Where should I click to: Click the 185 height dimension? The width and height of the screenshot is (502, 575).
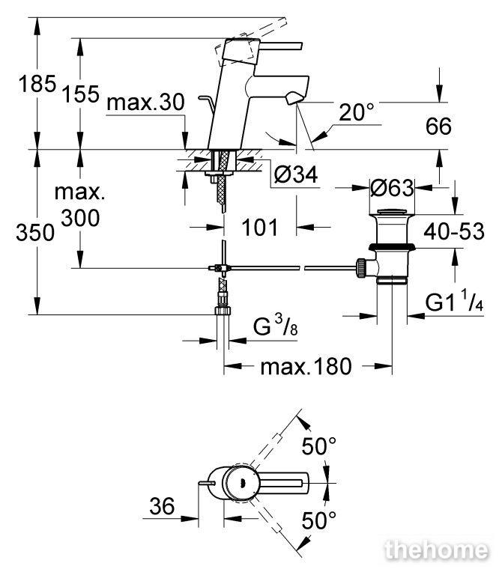pyautogui.click(x=37, y=84)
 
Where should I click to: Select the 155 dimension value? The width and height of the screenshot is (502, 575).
pyautogui.click(x=81, y=94)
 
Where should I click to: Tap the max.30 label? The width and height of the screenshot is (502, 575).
pyautogui.click(x=145, y=103)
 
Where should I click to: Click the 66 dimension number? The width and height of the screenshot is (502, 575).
pyautogui.click(x=438, y=127)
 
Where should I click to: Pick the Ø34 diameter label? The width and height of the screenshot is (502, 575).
pyautogui.click(x=296, y=174)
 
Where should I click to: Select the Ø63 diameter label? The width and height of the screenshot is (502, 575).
pyautogui.click(x=392, y=188)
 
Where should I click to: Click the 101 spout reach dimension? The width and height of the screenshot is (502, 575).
pyautogui.click(x=260, y=228)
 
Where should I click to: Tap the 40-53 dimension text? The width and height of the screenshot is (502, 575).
pyautogui.click(x=454, y=231)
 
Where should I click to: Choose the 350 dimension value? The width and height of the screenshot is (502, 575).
pyautogui.click(x=35, y=233)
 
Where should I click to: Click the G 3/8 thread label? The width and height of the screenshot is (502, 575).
pyautogui.click(x=275, y=326)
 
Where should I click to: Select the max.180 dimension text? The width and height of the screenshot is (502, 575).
pyautogui.click(x=306, y=366)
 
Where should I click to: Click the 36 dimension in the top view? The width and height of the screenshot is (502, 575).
pyautogui.click(x=162, y=506)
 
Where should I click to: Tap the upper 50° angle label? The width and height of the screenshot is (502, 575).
pyautogui.click(x=319, y=446)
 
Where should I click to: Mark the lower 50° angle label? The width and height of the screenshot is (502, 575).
pyautogui.click(x=319, y=520)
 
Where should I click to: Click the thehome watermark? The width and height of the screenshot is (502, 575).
pyautogui.click(x=436, y=550)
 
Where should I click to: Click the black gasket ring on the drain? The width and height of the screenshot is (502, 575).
pyautogui.click(x=392, y=246)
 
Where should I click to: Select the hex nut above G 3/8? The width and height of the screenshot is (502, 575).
pyautogui.click(x=223, y=311)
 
